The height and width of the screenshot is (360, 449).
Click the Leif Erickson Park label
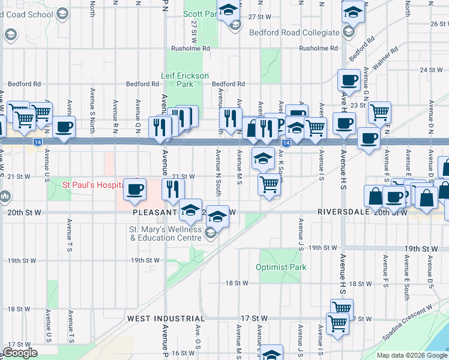pyautogui.click(x=185, y=80)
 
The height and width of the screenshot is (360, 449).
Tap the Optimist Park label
pyautogui.click(x=281, y=267)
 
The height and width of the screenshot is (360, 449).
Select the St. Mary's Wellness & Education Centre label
pyautogui.click(x=165, y=234)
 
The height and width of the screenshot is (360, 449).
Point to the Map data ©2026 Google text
pyautogui.click(x=411, y=355)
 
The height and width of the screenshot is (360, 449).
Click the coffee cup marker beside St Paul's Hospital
pyautogui.click(x=134, y=188)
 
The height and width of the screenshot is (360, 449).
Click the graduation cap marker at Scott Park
pyautogui.click(x=228, y=10)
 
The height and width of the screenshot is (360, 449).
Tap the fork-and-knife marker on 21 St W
pyautogui.click(x=173, y=189)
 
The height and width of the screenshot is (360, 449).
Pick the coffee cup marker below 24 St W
pyautogui.click(x=348, y=79)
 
